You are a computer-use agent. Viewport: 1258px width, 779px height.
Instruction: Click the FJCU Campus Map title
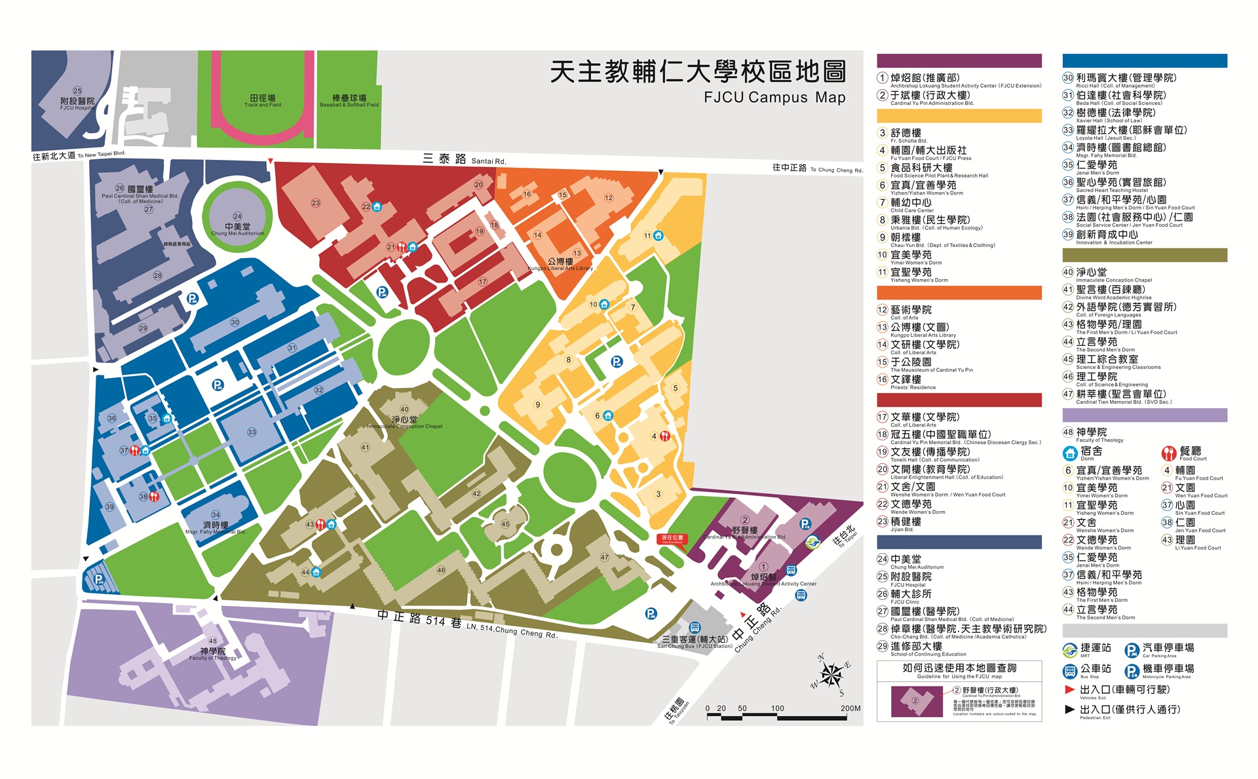click(x=774, y=98)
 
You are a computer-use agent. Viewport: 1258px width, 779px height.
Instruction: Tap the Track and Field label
click(x=262, y=100)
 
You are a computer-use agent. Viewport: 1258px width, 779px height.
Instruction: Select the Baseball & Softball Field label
click(x=349, y=100)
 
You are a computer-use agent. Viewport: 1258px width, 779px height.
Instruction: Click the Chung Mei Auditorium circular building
click(x=237, y=219)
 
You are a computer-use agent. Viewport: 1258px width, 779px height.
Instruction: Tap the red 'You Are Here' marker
click(x=672, y=539)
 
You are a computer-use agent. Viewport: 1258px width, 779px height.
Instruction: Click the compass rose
click(x=831, y=675)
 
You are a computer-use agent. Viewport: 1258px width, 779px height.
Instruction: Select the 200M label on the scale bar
click(x=850, y=708)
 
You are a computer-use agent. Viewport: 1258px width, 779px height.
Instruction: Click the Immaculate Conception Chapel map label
click(x=404, y=422)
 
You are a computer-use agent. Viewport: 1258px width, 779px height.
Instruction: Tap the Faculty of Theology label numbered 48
click(x=213, y=653)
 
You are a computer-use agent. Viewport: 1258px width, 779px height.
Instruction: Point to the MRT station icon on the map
click(x=812, y=542)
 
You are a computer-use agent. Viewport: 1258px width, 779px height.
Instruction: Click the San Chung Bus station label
click(x=695, y=641)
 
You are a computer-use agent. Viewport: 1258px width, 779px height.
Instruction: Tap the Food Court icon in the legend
click(x=1168, y=453)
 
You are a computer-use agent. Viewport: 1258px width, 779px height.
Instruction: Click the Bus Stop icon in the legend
click(x=1070, y=671)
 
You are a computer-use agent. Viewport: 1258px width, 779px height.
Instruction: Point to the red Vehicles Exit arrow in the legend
click(x=1070, y=689)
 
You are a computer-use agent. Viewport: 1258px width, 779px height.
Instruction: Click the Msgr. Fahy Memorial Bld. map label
click(x=216, y=527)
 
